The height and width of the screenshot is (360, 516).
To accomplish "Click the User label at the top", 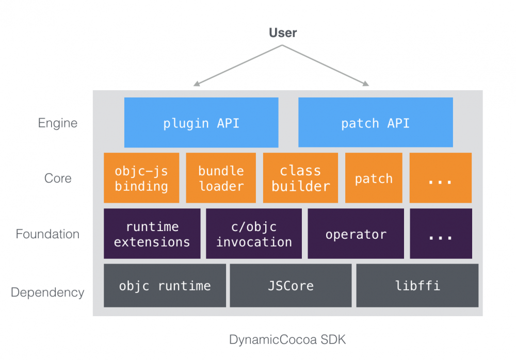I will [283, 33].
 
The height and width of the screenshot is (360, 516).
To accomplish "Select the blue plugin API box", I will [201, 123].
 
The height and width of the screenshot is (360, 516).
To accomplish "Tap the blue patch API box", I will [375, 123].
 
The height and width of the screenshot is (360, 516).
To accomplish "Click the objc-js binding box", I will [141, 178].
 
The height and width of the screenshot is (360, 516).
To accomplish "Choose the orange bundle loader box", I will [221, 178].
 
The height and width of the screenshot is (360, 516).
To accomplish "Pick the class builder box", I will [300, 178].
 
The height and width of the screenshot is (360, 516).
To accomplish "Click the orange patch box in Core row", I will [374, 178].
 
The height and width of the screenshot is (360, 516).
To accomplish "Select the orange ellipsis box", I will [441, 178].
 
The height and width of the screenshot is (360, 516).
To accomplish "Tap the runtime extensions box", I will [152, 234].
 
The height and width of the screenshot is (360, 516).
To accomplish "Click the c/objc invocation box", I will [254, 234].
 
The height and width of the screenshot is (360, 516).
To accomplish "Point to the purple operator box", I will [356, 234].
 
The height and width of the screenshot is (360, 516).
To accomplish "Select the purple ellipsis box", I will [441, 234].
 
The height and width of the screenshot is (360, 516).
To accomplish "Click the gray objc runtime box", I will [165, 286].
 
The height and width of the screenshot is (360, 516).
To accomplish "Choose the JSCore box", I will [291, 286].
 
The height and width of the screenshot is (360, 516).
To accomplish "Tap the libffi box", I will [417, 286].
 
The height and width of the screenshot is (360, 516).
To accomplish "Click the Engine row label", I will [58, 123].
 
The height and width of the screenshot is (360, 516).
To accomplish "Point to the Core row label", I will [58, 178].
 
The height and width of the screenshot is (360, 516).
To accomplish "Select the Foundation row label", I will [47, 234].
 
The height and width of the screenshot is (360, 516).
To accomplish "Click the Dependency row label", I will [47, 292].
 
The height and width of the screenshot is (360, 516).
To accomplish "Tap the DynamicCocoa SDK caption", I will [287, 340].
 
